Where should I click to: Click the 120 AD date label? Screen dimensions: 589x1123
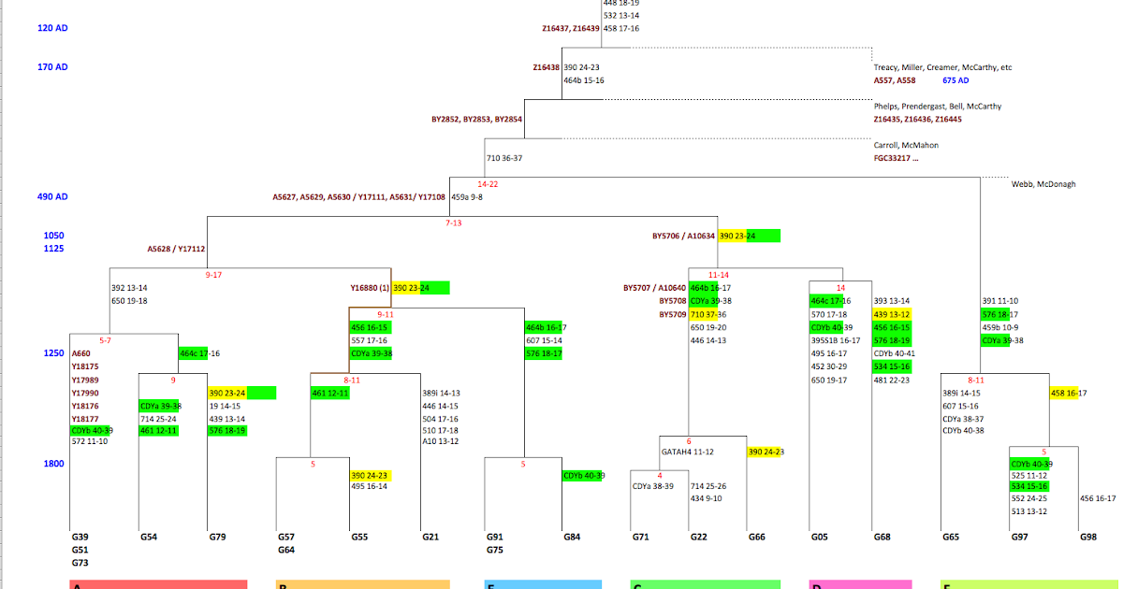click(52, 28)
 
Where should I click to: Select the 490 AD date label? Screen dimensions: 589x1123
click(52, 197)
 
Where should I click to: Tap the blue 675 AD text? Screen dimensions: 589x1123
click(956, 80)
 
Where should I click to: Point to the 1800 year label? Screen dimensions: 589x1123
click(53, 464)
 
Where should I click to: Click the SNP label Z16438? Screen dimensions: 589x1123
click(546, 67)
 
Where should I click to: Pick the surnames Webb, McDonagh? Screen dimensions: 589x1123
click(1043, 184)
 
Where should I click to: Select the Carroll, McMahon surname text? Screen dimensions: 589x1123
click(906, 145)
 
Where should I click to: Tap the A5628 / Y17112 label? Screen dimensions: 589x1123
click(176, 249)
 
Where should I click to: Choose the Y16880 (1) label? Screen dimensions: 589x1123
click(370, 288)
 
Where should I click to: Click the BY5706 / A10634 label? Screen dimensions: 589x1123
click(683, 237)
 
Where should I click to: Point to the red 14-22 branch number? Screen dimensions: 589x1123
click(488, 184)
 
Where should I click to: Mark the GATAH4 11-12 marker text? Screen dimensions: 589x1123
click(688, 452)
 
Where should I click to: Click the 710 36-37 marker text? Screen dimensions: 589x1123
click(504, 158)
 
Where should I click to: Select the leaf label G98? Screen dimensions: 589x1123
click(1088, 538)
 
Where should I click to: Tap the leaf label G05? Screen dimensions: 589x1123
click(819, 538)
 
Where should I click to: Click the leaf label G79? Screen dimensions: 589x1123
click(217, 538)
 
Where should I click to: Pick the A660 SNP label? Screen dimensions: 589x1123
click(81, 353)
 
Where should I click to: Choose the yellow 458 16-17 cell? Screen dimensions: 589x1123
click(1069, 394)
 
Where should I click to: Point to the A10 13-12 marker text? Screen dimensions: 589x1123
click(441, 441)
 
